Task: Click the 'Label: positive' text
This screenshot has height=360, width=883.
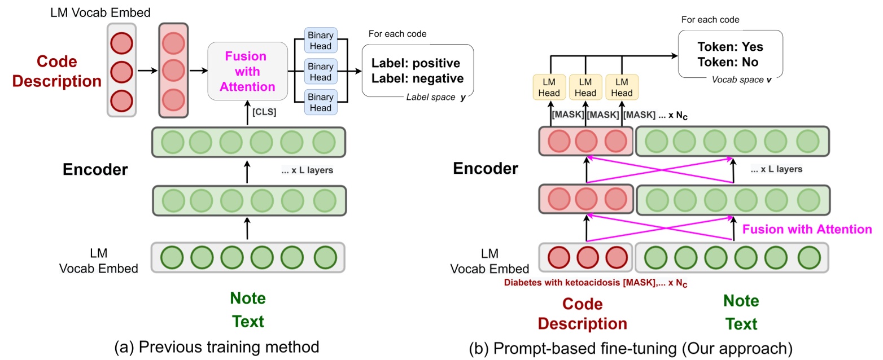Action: click(x=416, y=63)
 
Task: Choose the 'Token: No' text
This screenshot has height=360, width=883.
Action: click(x=728, y=62)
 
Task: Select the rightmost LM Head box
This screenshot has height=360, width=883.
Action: click(x=622, y=87)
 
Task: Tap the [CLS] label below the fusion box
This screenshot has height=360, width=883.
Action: click(x=264, y=112)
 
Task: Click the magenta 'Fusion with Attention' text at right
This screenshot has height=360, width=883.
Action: click(x=807, y=229)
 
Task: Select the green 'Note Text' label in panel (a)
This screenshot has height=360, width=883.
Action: click(x=248, y=310)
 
